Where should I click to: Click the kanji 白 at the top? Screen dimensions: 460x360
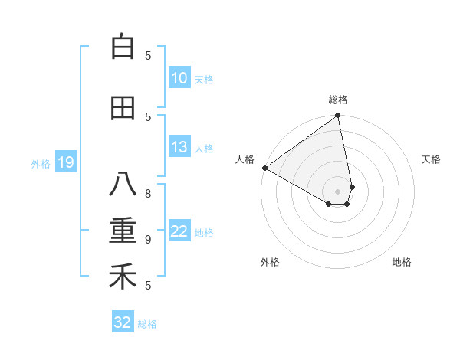click(x=123, y=47)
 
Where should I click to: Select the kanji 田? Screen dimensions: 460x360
click(x=123, y=108)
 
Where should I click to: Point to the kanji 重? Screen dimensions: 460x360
click(x=123, y=231)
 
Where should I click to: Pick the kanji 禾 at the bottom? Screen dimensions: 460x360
click(x=123, y=277)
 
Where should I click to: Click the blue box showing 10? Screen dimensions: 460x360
click(x=179, y=79)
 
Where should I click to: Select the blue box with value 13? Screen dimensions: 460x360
click(x=179, y=148)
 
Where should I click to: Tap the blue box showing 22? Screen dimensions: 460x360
click(x=179, y=232)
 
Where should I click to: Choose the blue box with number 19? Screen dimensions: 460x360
click(x=66, y=162)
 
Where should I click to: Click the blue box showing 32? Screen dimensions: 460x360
click(x=123, y=322)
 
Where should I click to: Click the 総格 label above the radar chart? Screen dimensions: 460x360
click(x=338, y=100)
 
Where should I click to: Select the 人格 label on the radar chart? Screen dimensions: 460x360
click(x=245, y=159)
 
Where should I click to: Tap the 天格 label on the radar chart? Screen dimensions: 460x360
click(x=432, y=159)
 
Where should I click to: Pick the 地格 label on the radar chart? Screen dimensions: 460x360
click(x=402, y=262)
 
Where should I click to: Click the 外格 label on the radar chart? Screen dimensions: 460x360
click(x=270, y=262)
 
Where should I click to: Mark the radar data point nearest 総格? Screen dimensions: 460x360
click(x=337, y=116)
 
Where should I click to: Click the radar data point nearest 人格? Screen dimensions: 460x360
click(x=264, y=168)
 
